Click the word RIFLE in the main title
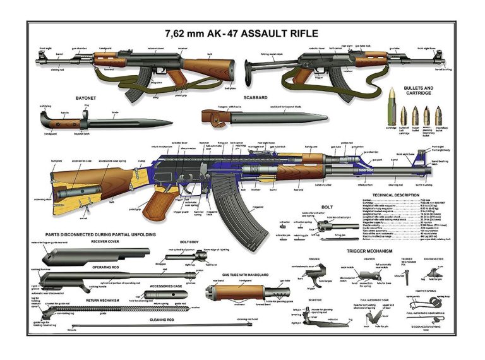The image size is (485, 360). (296, 32)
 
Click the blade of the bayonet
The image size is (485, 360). (139, 121)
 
